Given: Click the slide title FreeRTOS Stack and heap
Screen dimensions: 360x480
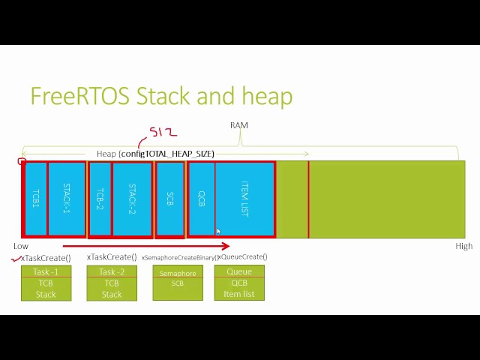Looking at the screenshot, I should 160,96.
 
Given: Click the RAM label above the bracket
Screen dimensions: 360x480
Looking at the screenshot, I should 238,125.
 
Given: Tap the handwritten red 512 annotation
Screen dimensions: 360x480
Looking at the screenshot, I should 163,133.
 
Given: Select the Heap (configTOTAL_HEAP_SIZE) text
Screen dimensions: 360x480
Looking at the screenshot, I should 155,154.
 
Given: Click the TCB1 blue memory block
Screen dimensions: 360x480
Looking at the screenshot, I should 35,199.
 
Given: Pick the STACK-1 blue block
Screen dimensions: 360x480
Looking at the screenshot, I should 67,199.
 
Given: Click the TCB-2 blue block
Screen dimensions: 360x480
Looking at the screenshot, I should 100,199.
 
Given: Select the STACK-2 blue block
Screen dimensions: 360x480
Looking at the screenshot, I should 132,199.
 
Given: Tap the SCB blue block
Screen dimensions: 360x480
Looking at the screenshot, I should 170,199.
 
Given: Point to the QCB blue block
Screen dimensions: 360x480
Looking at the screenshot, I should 201,199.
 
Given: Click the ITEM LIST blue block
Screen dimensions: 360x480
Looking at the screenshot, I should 244,199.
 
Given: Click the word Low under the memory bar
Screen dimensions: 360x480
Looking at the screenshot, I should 21,246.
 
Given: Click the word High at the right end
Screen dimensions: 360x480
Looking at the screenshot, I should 464,246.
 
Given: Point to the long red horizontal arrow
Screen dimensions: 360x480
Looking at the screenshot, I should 145,245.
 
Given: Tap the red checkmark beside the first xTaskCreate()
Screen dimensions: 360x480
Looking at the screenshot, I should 16,259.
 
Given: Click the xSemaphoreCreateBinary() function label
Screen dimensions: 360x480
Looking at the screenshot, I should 178,257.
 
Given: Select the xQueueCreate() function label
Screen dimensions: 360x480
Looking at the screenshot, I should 243,257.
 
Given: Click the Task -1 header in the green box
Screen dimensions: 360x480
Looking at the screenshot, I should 46,271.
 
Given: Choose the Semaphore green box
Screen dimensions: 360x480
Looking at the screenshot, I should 178,282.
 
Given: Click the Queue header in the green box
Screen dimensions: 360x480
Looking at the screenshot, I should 239,271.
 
